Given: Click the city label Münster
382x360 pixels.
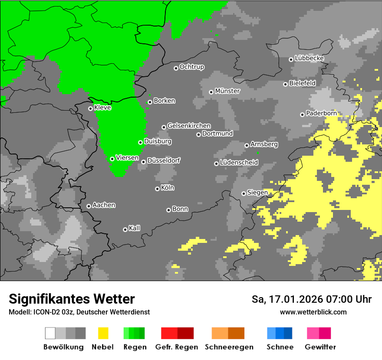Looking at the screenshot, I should click(x=227, y=91).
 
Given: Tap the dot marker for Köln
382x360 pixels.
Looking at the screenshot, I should click(x=157, y=189).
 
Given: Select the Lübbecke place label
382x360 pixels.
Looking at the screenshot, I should click(x=309, y=58).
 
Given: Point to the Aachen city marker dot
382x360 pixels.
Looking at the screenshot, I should click(x=89, y=206).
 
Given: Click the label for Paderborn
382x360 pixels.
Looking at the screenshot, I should click(x=321, y=113).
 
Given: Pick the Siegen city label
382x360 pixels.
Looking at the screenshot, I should click(x=257, y=193).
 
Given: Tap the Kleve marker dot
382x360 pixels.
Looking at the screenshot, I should click(x=90, y=108).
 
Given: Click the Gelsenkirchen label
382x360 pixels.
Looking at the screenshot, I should click(x=189, y=126).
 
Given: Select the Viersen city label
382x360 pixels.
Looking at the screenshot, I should click(x=127, y=158).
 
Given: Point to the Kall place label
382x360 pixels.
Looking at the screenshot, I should click(x=135, y=228).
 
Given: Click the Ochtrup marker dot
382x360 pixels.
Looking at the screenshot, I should click(x=176, y=68).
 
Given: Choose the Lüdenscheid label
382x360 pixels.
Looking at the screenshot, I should click(x=239, y=163).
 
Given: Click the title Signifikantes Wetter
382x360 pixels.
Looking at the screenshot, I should click(x=72, y=299).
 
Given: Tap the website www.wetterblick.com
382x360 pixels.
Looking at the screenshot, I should click(x=313, y=312).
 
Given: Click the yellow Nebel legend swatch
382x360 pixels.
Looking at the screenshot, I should click(x=103, y=333).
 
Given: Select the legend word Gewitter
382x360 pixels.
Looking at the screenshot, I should click(x=320, y=347).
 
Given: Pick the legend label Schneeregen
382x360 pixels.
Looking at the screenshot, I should click(x=229, y=347).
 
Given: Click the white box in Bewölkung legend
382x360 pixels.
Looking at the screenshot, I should click(x=50, y=333).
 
